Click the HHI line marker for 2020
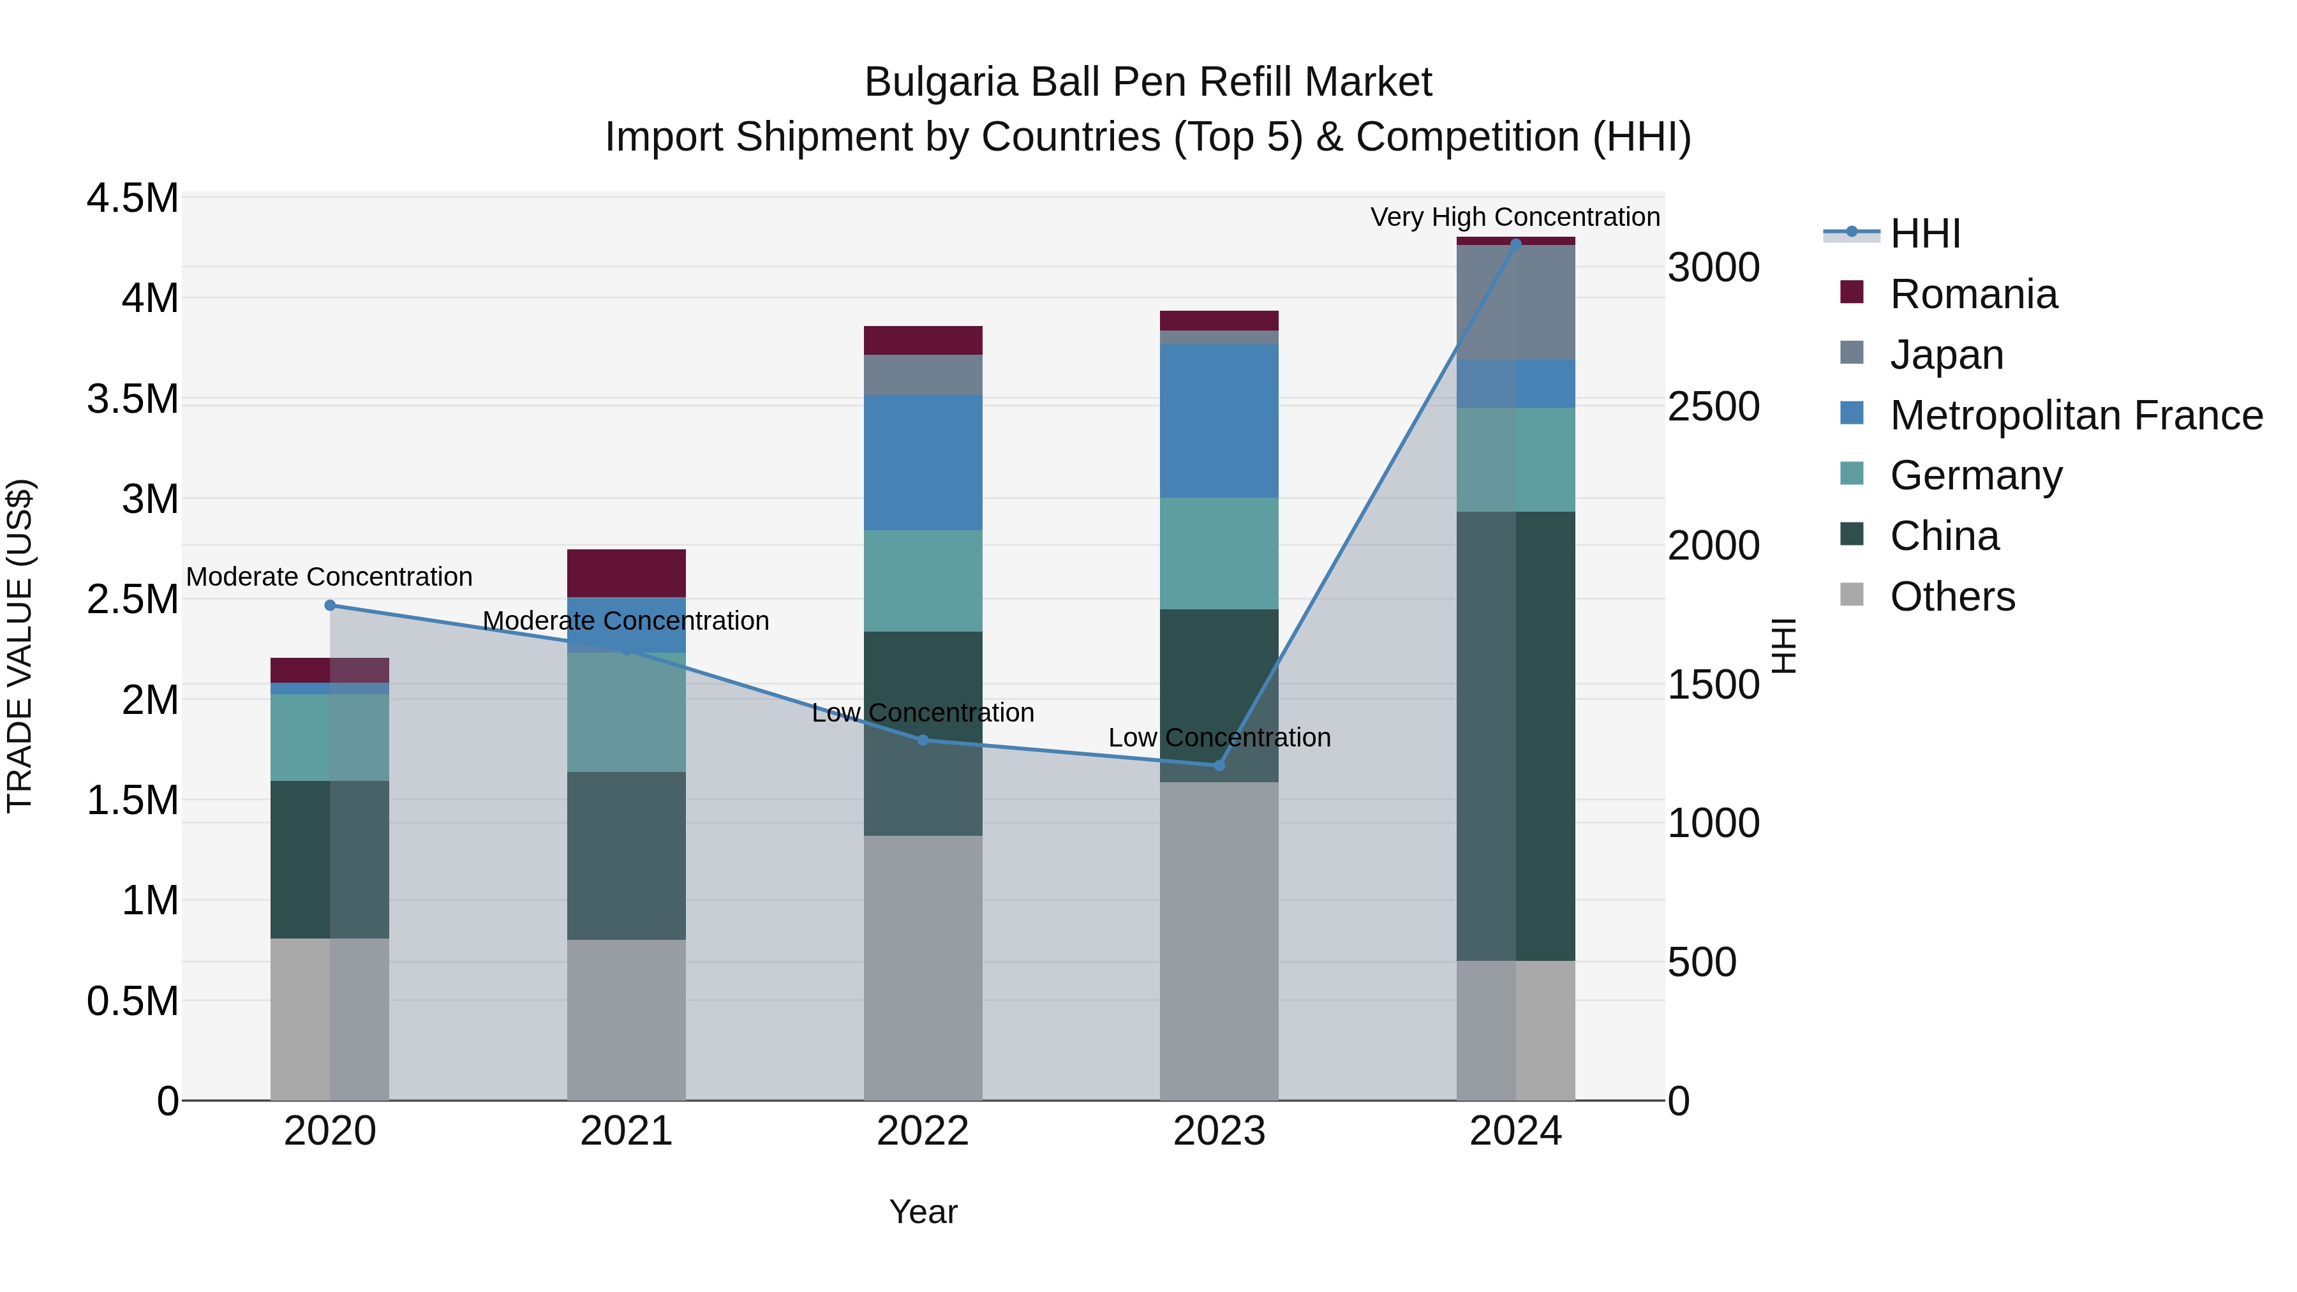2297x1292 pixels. click(330, 605)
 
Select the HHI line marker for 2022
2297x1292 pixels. click(923, 740)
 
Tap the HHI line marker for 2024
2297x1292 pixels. click(1516, 244)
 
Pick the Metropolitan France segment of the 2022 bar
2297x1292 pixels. click(923, 462)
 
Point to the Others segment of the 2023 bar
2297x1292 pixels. click(1219, 940)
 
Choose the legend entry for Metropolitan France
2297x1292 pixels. click(2075, 415)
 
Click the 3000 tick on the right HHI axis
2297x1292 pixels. click(1713, 267)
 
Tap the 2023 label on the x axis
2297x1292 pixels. click(1219, 1131)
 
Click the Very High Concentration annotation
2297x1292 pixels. click(1514, 217)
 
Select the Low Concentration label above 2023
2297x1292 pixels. click(1219, 738)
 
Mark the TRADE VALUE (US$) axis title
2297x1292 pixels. click(20, 646)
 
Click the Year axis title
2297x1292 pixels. click(923, 1212)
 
